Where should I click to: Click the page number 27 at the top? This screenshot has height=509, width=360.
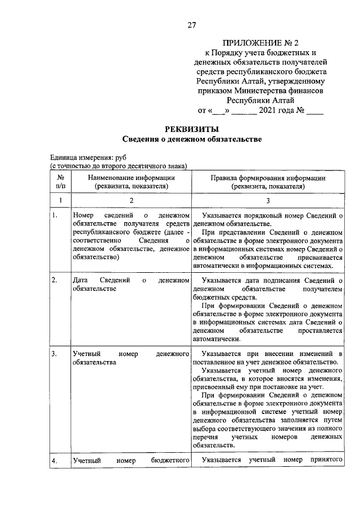[x=192, y=24]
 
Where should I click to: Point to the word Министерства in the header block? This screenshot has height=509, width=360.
[x=270, y=89]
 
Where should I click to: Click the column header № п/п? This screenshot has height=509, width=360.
[x=61, y=182]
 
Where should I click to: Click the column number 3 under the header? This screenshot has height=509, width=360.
[x=268, y=200]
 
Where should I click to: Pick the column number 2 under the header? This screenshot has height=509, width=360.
[x=132, y=200]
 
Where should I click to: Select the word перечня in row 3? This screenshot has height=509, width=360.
[x=204, y=437]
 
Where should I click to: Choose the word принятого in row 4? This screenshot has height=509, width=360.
[x=326, y=461]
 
